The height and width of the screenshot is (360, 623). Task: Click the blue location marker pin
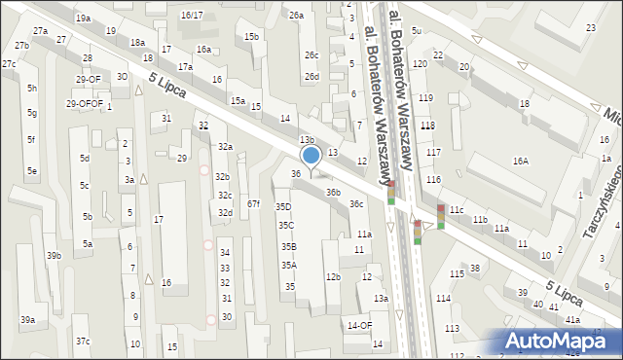311,156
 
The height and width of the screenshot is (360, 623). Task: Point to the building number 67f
253,203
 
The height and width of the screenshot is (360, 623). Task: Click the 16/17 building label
192,15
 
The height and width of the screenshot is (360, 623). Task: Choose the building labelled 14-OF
359,325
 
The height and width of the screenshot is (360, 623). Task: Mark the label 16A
521,161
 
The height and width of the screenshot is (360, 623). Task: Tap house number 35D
283,207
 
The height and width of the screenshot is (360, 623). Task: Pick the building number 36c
357,203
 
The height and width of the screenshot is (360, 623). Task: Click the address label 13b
306,141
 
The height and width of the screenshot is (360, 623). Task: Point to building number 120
420,63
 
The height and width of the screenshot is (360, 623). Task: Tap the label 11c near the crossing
456,210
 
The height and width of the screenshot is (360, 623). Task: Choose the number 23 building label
591,28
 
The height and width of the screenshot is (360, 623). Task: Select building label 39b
54,255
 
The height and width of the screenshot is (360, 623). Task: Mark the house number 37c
83,341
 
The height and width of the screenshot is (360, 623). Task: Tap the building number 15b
252,37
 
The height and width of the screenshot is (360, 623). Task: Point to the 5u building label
417,31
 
